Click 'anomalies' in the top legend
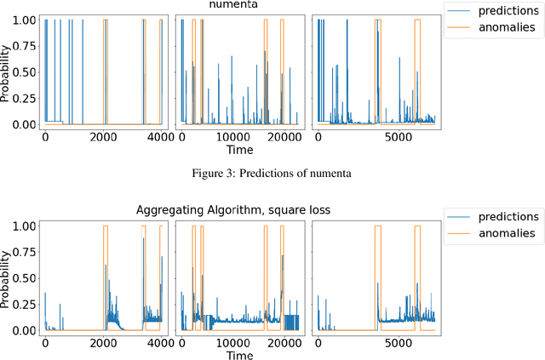tap(504, 26)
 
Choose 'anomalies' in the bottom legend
tap(504, 233)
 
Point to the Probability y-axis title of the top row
tap(7, 72)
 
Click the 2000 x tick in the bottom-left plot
tap(103, 342)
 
